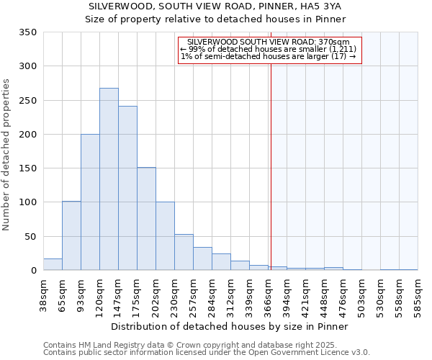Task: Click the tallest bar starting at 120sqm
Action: tap(109, 179)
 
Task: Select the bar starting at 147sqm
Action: tap(127, 188)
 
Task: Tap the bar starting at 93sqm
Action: tap(90, 202)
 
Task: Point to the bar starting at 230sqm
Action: tap(184, 253)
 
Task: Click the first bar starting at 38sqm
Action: tap(53, 264)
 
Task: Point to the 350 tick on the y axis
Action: tap(28, 32)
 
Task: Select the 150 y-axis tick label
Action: tap(28, 168)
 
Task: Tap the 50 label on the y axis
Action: tap(31, 236)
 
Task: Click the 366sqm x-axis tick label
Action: tap(268, 293)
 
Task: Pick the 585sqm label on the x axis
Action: tap(418, 293)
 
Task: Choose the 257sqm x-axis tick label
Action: tap(193, 293)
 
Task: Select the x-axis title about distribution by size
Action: tap(230, 327)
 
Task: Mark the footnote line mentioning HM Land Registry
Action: tap(195, 345)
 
